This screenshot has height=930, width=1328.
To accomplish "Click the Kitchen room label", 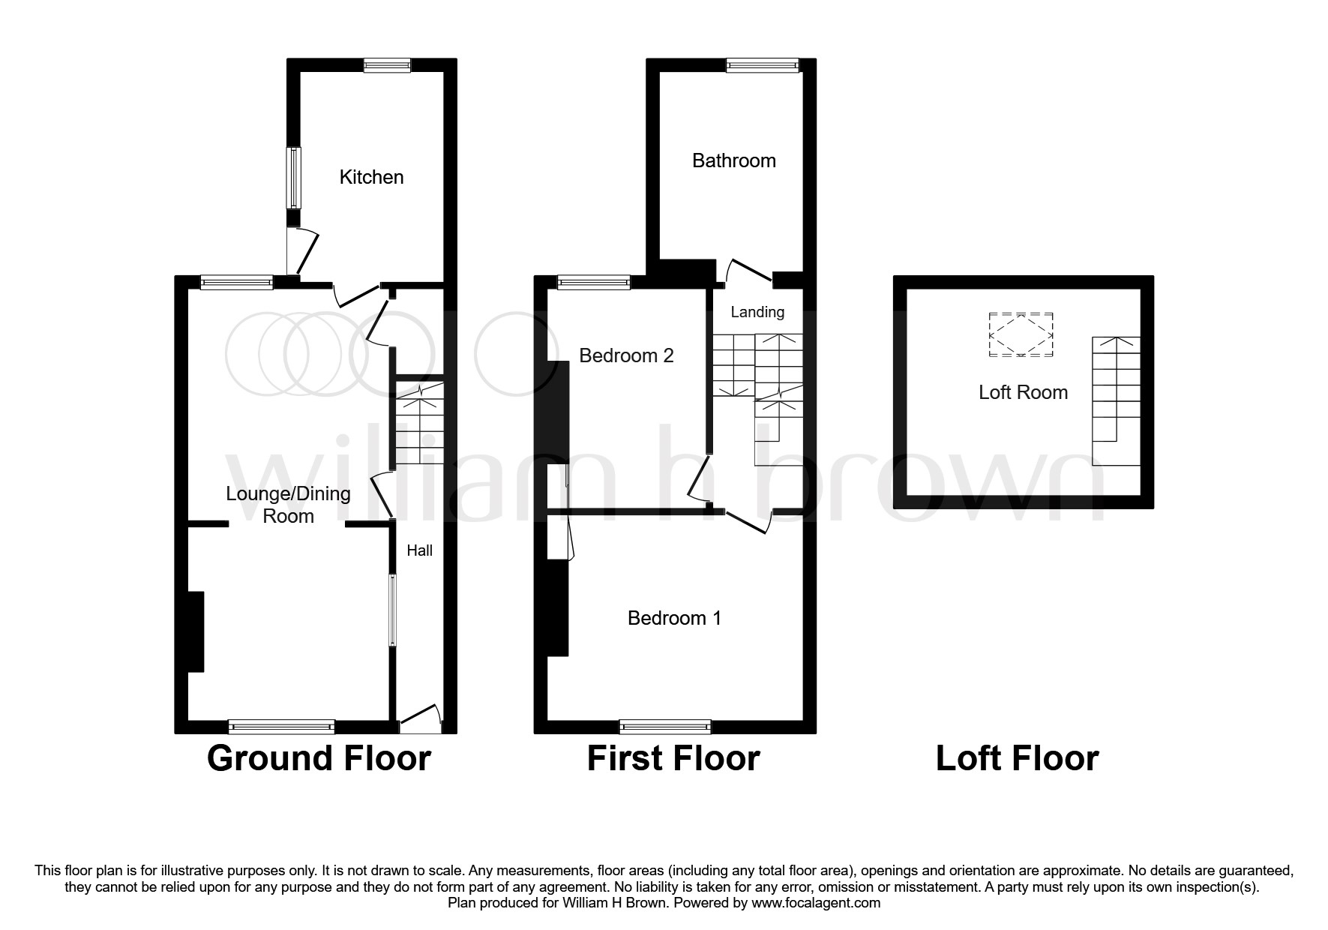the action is [371, 177].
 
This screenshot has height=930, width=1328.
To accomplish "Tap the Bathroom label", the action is [733, 160].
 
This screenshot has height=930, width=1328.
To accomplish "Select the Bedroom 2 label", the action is [626, 355].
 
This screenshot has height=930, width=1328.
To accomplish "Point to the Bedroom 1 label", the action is [674, 618].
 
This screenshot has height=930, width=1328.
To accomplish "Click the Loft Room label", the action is [1023, 392].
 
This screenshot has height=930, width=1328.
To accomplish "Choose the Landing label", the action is [757, 312].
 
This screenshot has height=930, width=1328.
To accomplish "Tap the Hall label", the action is [419, 550].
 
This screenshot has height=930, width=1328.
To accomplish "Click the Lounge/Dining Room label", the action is [289, 505].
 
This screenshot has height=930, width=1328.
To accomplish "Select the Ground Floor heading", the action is [319, 758].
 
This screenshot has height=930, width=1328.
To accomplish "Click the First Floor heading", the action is [673, 758].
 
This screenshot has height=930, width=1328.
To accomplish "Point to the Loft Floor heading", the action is [1017, 758].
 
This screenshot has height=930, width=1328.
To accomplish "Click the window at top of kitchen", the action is [387, 65].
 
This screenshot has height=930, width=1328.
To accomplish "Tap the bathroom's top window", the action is [763, 65].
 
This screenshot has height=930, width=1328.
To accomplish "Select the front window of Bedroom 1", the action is [665, 726].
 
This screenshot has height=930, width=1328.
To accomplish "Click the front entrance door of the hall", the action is [419, 718].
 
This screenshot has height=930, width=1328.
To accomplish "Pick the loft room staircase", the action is [1116, 401].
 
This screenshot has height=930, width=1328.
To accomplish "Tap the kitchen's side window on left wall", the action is [294, 178].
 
